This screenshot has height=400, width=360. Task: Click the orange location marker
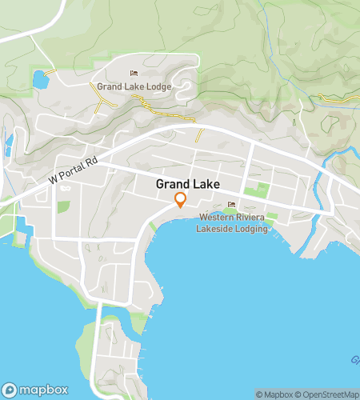click(181, 200)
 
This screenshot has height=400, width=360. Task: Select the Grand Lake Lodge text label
click(134, 86)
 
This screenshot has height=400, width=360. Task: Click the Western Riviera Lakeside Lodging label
click(232, 222)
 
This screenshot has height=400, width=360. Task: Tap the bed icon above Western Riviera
click(233, 205)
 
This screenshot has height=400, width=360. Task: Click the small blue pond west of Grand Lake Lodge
click(38, 79)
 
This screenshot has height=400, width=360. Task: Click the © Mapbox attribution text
click(274, 394)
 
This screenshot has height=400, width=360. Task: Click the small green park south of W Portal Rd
click(62, 207)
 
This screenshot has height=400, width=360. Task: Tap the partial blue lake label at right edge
click(355, 360)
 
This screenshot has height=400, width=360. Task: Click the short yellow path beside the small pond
click(50, 72)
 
